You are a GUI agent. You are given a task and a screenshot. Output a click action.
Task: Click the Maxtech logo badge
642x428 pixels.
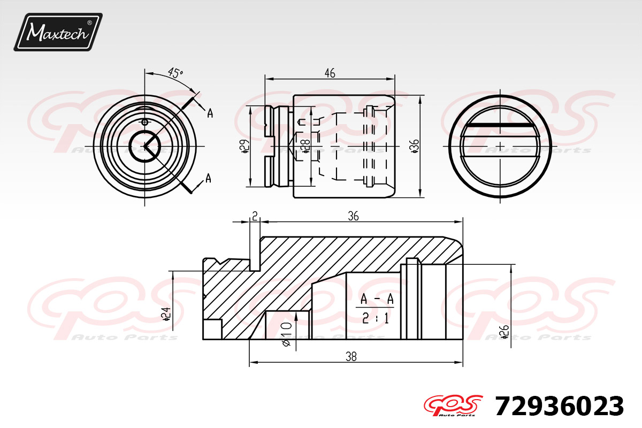58,32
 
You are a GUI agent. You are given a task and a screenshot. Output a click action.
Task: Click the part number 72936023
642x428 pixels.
559,407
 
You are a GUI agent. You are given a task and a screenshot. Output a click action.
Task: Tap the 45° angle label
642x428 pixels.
174,73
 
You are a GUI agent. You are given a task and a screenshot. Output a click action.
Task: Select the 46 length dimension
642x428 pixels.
330,73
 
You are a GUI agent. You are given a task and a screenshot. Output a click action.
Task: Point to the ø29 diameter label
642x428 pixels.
244,146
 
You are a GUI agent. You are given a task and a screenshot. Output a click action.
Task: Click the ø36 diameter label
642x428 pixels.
415,146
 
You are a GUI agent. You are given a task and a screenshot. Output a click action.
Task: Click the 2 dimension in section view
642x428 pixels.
255,216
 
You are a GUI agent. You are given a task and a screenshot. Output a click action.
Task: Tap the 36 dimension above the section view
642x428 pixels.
353,216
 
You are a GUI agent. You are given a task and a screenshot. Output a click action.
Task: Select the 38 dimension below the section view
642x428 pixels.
351,357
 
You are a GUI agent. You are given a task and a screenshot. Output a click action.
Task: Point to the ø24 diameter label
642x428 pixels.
166,314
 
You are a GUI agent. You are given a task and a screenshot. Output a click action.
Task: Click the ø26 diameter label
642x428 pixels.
503,332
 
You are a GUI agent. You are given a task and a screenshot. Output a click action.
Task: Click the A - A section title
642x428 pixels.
377,300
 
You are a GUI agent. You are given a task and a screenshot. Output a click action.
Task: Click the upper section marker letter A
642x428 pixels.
210,113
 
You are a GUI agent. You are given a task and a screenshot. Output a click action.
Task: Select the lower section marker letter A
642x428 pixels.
208,178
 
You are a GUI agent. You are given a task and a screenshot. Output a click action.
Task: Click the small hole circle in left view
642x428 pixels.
144,120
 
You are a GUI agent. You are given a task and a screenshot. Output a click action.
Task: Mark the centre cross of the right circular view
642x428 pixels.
500,146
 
